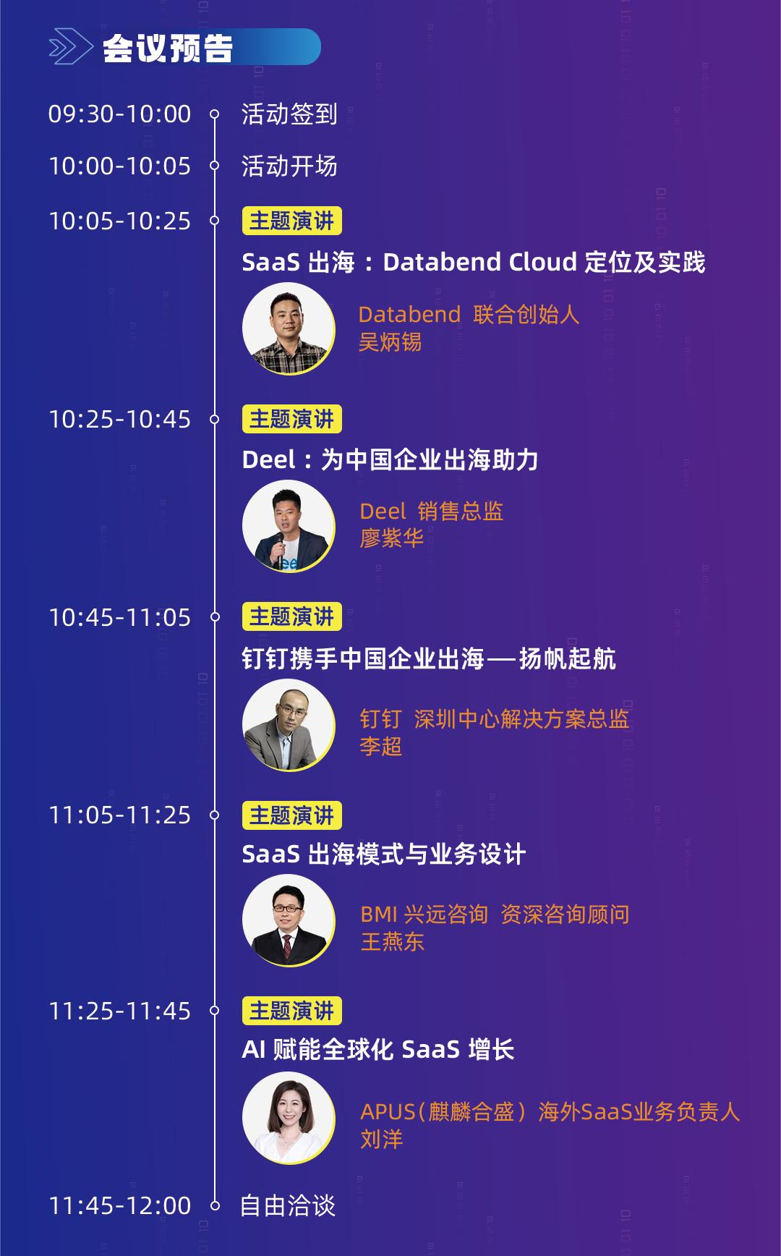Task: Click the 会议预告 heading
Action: (x=168, y=48)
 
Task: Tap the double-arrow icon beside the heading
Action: (x=70, y=47)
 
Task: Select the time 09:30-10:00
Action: (x=119, y=114)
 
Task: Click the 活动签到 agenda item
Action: (x=289, y=114)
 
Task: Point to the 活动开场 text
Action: (x=289, y=166)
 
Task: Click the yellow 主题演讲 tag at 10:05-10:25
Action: (x=291, y=221)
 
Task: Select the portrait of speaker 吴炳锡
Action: (x=289, y=328)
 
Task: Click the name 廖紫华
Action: (x=391, y=538)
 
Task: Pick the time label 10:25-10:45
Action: (x=119, y=420)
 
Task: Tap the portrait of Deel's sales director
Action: (x=289, y=526)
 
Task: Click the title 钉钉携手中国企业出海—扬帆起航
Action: (x=428, y=658)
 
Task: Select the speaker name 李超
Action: (x=380, y=746)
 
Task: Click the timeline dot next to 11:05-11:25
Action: (x=214, y=815)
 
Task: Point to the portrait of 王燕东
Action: (x=289, y=920)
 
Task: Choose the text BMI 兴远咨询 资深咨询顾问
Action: (x=495, y=915)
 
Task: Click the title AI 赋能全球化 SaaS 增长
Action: (x=377, y=1049)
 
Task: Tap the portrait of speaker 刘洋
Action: (x=289, y=1118)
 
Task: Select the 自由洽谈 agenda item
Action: (x=288, y=1205)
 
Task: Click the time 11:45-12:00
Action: (x=119, y=1205)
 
